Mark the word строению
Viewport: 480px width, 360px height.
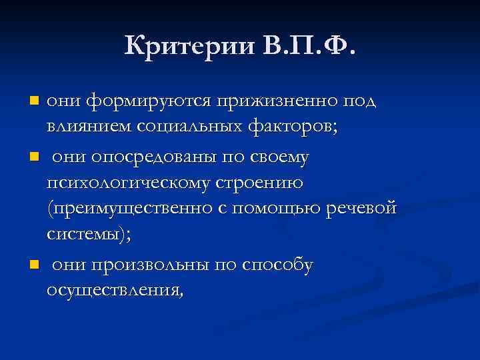pyautogui.click(x=262, y=183)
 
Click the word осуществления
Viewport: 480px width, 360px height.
pyautogui.click(x=113, y=291)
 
